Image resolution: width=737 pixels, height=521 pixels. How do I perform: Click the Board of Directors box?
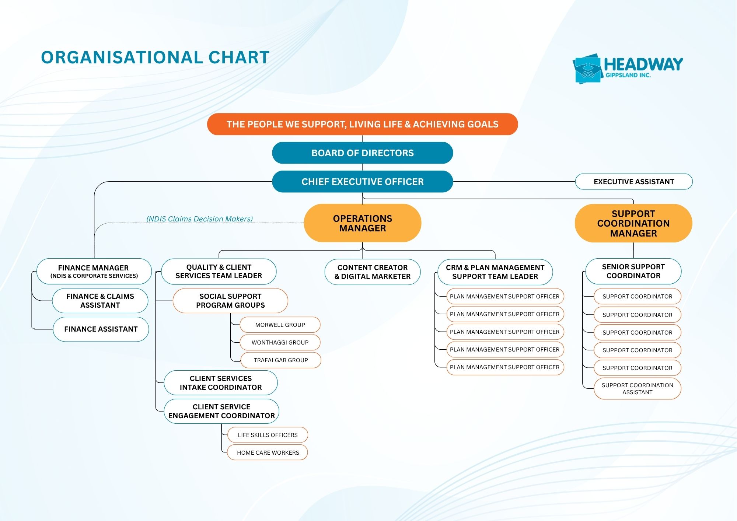[363, 153]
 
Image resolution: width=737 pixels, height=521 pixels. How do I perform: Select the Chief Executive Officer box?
[363, 182]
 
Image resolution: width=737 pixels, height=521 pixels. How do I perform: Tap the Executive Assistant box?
[634, 182]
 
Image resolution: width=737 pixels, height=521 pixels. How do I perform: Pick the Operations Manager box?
[363, 223]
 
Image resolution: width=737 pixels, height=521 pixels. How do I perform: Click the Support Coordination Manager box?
[633, 223]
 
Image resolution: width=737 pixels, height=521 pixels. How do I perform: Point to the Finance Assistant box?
[101, 329]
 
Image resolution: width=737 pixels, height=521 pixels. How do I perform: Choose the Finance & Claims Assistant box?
[100, 301]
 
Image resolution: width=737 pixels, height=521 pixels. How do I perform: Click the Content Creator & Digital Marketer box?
[373, 272]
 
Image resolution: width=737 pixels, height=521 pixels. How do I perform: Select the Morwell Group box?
[280, 325]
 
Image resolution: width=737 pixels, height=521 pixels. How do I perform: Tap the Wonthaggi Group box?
[280, 342]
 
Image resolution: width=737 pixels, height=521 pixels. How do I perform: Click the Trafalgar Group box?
[281, 360]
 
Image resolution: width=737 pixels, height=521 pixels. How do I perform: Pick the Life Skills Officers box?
[268, 435]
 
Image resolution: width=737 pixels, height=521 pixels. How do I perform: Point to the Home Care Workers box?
[268, 452]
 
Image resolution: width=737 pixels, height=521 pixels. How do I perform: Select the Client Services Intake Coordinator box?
[221, 383]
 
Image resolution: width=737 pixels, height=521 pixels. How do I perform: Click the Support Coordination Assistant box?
[638, 388]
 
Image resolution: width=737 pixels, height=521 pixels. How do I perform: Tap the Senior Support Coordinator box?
[633, 271]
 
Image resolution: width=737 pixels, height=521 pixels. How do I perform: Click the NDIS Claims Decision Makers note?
[200, 219]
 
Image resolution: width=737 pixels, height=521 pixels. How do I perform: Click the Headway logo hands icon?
[587, 69]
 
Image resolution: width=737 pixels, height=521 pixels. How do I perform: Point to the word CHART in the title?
[239, 57]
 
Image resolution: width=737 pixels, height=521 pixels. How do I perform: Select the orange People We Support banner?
[363, 124]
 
